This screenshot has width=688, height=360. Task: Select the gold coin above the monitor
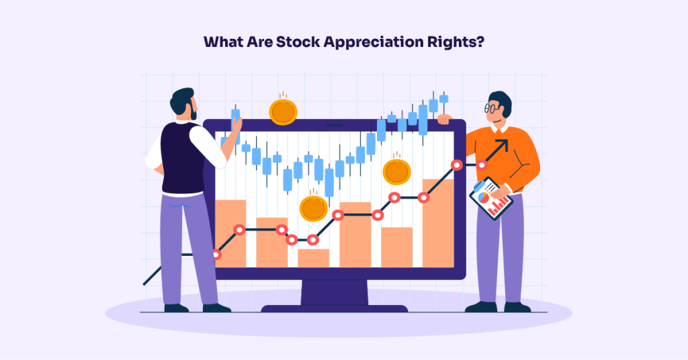283,111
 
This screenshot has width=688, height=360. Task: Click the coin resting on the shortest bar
313,208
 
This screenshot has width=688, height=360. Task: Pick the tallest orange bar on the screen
438,222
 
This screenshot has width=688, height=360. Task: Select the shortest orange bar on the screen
313,257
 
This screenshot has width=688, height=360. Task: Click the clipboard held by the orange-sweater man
491,198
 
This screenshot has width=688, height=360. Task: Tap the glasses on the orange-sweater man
491,107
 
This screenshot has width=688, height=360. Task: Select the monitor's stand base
334,308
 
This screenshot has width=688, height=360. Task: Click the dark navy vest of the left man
181,158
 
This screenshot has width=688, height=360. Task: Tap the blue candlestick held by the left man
236,121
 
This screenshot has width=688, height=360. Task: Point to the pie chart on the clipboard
484,197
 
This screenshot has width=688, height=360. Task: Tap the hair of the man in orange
501,100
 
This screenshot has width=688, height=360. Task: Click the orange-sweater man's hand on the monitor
444,120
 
